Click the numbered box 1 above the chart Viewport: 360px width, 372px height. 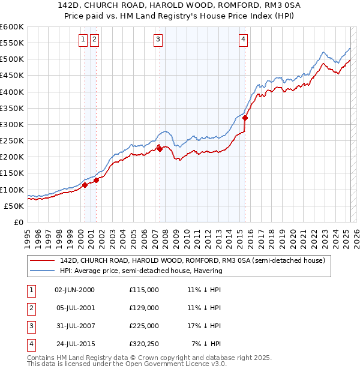pyautogui.click(x=82, y=40)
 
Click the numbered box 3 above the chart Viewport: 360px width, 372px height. pyautogui.click(x=158, y=40)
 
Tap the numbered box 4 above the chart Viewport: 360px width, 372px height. pyautogui.click(x=244, y=40)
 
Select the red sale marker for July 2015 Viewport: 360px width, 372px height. pyautogui.click(x=245, y=118)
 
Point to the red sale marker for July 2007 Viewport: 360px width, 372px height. pyautogui.click(x=160, y=149)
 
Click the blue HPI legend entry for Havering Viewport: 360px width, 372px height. pyautogui.click(x=141, y=271)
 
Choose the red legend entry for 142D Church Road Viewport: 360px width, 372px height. pyautogui.click(x=192, y=261)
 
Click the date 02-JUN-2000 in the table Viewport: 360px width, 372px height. pyautogui.click(x=74, y=290)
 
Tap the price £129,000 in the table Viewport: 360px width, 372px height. pyautogui.click(x=144, y=308)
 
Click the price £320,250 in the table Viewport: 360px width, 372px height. pyautogui.click(x=144, y=344)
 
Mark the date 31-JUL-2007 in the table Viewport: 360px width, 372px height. pyautogui.click(x=74, y=326)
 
